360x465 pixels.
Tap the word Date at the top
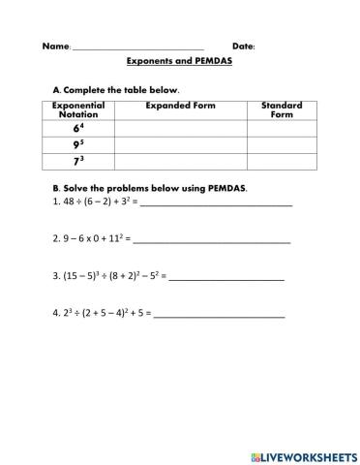coord(243,46)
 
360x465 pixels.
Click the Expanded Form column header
coord(180,106)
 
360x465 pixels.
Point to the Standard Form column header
coord(282,109)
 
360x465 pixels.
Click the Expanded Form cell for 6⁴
coord(180,128)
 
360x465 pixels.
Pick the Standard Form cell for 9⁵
coord(282,144)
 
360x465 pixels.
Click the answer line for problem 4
coord(220,316)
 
